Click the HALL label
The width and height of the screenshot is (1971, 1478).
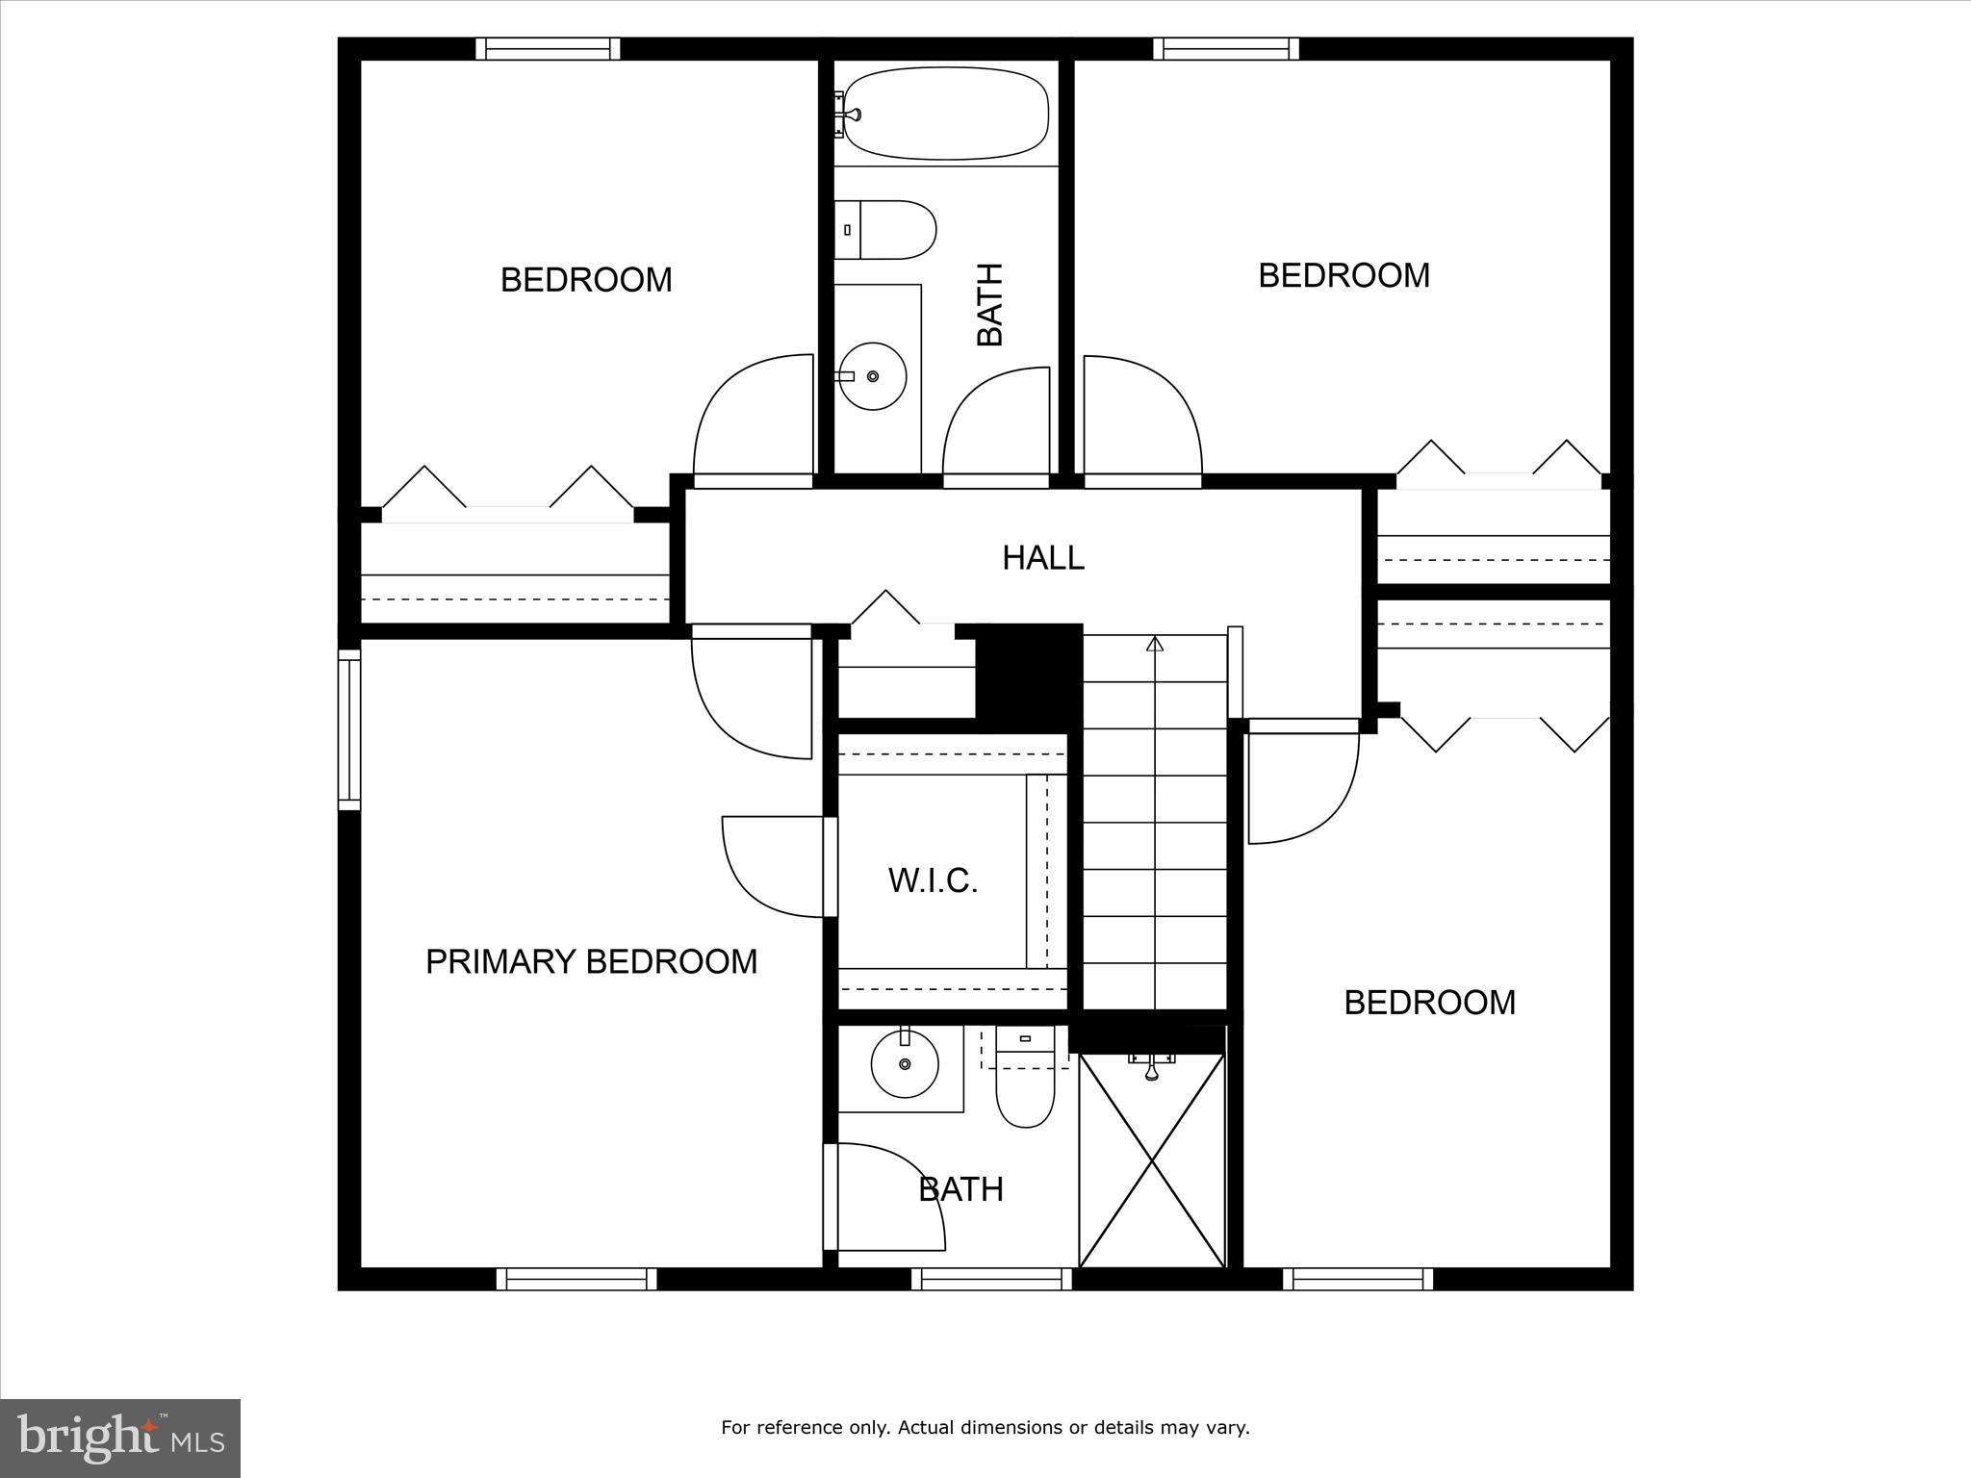(1043, 558)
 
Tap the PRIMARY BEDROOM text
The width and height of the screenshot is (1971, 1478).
(591, 961)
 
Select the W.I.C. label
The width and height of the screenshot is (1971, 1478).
(933, 880)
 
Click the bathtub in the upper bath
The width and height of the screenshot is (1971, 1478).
(944, 114)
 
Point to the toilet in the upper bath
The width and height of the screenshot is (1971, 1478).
(885, 230)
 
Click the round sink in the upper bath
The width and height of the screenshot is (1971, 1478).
(873, 376)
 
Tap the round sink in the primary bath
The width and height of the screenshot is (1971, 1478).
(905, 1063)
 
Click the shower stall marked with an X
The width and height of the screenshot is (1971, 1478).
(1152, 1159)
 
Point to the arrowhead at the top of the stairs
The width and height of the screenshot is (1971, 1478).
(1155, 644)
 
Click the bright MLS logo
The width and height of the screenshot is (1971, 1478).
(120, 1437)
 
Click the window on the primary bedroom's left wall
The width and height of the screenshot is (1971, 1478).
(348, 728)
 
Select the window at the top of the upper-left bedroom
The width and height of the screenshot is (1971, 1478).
(548, 48)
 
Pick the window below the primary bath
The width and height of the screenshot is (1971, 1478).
(991, 1279)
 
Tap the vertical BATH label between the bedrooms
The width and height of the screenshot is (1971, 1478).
(989, 304)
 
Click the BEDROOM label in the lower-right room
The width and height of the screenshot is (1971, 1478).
(1429, 1003)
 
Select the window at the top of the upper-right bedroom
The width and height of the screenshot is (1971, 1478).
(1226, 48)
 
